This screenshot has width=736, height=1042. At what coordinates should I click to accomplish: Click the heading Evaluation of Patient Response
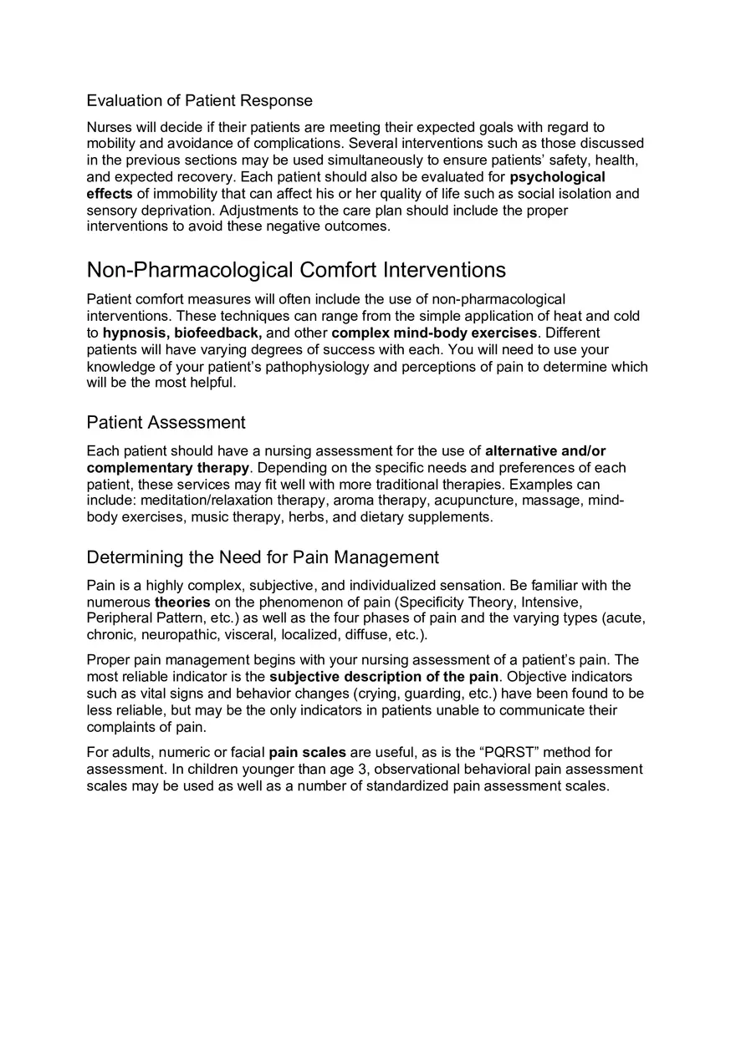[199, 101]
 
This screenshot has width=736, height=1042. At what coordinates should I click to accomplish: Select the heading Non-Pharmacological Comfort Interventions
[296, 270]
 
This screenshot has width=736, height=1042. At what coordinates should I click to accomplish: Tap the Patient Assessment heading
[166, 422]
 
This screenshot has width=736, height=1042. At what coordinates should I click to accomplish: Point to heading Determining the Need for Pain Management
[263, 557]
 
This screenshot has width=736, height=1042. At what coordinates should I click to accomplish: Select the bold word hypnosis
[135, 333]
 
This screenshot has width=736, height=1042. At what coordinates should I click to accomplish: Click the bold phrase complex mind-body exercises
[434, 333]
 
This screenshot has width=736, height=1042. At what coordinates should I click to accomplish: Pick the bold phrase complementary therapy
[167, 468]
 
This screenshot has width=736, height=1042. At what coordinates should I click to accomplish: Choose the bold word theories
[182, 602]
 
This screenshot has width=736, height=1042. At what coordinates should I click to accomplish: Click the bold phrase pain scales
[307, 753]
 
